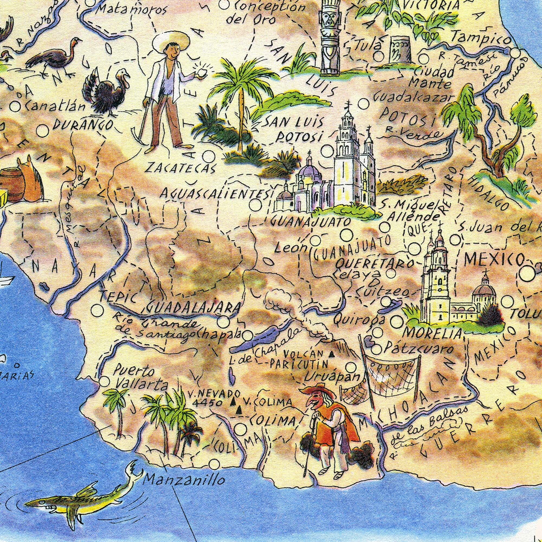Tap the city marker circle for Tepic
97,310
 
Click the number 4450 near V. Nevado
208,403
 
